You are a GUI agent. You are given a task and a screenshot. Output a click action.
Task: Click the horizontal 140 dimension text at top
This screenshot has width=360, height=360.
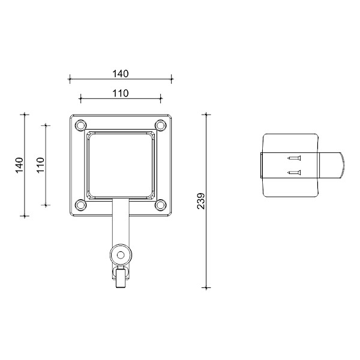coord(121,74)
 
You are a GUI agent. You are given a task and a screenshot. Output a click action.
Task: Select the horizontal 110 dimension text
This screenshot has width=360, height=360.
coord(121,94)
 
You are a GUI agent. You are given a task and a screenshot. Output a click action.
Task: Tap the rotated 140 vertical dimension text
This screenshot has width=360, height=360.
coord(19,165)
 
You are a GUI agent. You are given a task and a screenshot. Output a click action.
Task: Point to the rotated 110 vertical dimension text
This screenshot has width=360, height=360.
coord(41,165)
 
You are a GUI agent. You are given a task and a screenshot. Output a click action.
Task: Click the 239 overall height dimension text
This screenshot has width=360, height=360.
coord(201,200)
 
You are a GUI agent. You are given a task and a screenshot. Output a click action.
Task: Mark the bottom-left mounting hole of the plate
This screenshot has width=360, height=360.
coord(79,205)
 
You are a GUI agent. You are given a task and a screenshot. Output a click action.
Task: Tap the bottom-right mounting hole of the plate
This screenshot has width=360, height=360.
coord(160,205)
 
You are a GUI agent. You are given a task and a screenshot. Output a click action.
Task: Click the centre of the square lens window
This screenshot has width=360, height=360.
coord(120,165)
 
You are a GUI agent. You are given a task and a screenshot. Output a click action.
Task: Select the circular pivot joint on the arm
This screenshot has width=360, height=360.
coord(121,254)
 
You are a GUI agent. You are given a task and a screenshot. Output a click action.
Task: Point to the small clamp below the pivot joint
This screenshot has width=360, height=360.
coord(121,278)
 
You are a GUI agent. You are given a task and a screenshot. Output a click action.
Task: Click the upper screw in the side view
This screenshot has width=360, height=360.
coord(294,158)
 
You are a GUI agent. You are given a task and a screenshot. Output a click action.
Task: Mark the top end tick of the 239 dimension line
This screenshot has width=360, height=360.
coord(206,113)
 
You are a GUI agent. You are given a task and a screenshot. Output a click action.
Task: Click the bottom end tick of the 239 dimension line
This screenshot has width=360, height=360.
coord(206,288)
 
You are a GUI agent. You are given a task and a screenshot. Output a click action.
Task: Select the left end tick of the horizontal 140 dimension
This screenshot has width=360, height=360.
coord(70,78)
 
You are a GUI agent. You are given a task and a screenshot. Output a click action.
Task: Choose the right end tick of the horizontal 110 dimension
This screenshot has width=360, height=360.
coord(161,98)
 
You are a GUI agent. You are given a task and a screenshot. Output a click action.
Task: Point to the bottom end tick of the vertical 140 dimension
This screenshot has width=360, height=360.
coord(25,215)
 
